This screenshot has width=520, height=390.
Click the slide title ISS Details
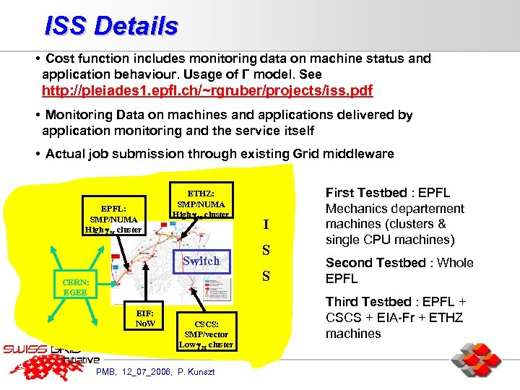(111, 26)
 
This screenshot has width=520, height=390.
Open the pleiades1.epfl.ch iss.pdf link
(207, 91)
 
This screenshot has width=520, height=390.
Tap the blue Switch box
(201, 261)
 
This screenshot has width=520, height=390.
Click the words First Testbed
(366, 193)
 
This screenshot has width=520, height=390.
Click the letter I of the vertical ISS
(266, 225)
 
